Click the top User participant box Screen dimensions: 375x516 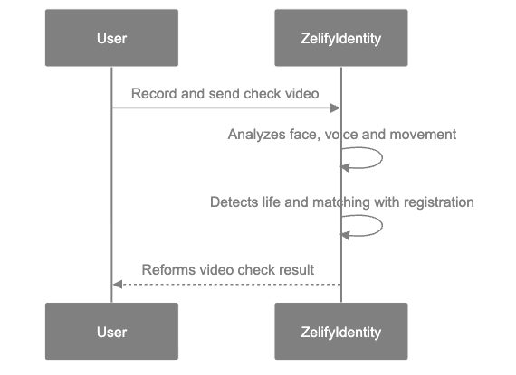point(111,39)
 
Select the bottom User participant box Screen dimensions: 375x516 point(111,332)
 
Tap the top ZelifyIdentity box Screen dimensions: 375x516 point(340,39)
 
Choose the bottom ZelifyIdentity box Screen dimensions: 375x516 point(340,332)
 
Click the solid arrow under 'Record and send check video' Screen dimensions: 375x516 point(226,108)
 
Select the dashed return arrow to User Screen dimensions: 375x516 point(226,284)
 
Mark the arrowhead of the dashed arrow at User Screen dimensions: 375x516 point(117,284)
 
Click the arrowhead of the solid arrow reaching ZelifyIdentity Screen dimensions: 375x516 point(335,108)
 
